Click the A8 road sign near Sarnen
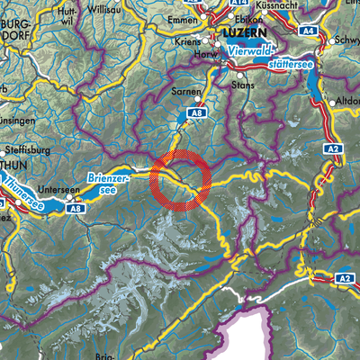click(198, 113)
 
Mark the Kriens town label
click(196, 42)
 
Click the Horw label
click(210, 55)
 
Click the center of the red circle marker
click(182, 180)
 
